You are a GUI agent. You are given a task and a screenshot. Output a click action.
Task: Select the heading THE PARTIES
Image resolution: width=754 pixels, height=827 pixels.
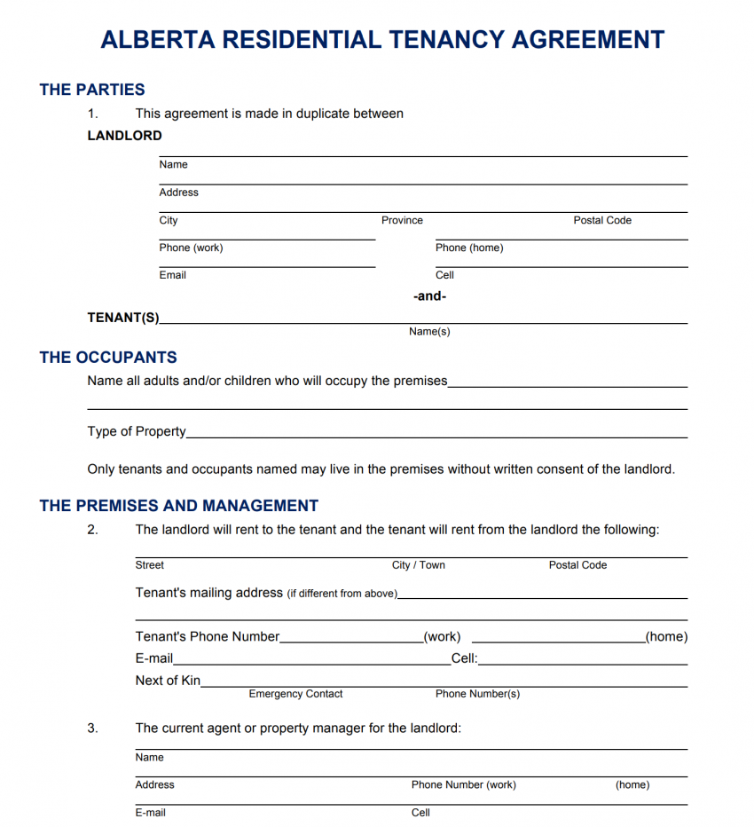point(92,90)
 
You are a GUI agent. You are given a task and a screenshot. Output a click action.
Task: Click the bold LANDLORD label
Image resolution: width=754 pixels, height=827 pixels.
point(124,136)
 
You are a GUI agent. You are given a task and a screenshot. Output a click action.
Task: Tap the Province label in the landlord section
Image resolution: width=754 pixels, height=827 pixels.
point(402,220)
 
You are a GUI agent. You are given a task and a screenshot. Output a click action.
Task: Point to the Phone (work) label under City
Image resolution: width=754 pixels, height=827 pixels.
point(191,248)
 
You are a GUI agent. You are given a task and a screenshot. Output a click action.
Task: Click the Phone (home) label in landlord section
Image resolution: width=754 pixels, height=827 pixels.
point(469,248)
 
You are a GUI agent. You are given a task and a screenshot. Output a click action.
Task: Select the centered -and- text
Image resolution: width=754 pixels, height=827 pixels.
point(430,296)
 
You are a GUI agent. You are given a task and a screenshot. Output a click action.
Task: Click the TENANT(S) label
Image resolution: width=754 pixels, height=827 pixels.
point(123,317)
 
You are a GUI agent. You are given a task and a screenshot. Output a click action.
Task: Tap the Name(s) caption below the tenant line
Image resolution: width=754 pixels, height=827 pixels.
point(429,331)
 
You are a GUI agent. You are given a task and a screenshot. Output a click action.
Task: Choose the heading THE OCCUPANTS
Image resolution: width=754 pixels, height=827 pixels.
point(108,358)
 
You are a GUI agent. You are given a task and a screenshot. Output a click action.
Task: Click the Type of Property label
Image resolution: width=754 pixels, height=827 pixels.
point(137,431)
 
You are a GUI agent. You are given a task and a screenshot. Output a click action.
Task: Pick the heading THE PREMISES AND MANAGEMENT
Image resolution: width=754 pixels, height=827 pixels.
point(179,506)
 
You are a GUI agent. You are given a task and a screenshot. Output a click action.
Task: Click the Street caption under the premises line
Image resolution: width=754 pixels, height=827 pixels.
point(150,565)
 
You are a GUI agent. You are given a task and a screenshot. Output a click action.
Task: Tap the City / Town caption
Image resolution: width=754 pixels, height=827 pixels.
point(419,565)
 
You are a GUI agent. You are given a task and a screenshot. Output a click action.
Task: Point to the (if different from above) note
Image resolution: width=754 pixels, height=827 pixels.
point(342,594)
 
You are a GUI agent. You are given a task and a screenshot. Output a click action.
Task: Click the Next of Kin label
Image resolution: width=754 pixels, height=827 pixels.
point(168,681)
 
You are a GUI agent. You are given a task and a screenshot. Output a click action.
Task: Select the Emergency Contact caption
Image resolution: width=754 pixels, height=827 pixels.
point(295,694)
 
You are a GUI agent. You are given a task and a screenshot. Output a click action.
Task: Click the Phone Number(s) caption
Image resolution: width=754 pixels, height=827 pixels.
point(477,694)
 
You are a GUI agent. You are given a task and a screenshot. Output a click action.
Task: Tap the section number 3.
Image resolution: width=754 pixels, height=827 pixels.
point(92,728)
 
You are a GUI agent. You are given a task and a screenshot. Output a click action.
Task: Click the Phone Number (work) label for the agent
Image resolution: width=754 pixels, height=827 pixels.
point(463,784)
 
